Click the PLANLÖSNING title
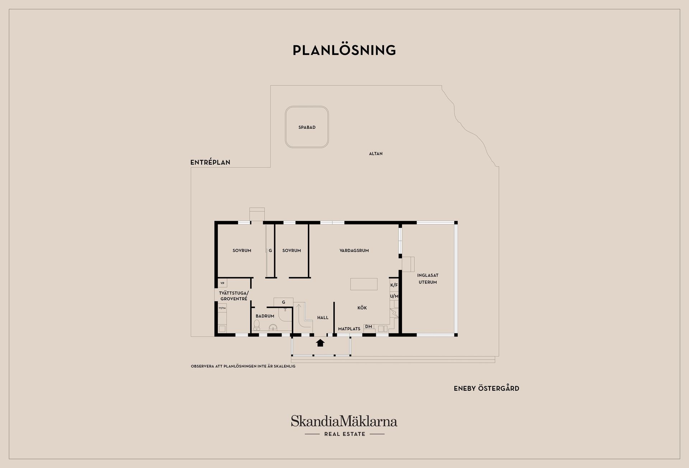click(344, 50)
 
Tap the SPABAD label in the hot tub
click(307, 127)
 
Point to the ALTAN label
click(376, 153)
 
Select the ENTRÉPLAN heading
click(210, 162)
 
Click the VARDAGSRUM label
click(354, 251)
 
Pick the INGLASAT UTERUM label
click(428, 279)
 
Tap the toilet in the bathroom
click(257, 325)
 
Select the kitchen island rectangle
click(364, 284)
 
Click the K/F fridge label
click(394, 285)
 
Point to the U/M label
click(394, 296)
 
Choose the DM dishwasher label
click(369, 326)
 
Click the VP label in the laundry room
click(222, 283)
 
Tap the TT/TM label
click(222, 308)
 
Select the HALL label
click(323, 317)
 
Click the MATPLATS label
click(349, 329)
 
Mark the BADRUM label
click(265, 316)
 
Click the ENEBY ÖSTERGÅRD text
click(487, 388)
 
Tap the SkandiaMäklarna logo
click(344, 426)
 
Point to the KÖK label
click(362, 308)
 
